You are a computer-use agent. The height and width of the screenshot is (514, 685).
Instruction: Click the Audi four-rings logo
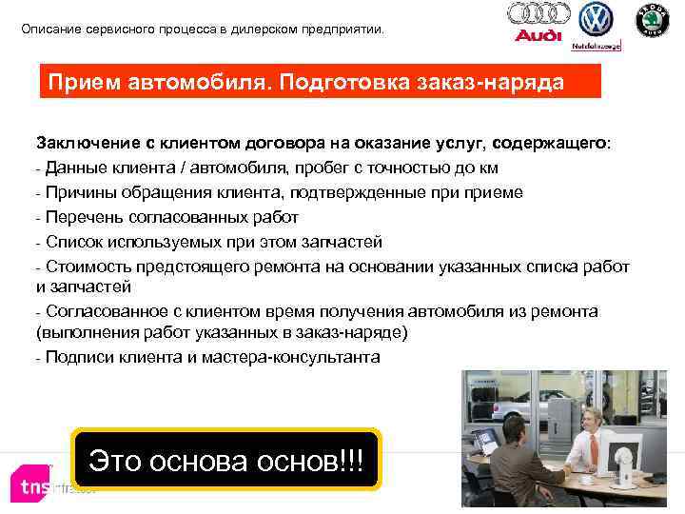tap(538, 13)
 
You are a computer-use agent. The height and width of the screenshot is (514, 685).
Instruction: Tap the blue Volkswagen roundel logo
tap(596, 18)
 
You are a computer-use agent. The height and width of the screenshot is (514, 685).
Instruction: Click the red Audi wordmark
tap(538, 36)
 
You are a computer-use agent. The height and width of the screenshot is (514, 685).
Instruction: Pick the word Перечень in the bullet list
tap(83, 216)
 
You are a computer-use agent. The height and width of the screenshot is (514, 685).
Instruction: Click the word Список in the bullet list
tap(73, 240)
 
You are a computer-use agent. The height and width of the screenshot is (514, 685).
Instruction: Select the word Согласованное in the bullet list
tap(105, 311)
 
